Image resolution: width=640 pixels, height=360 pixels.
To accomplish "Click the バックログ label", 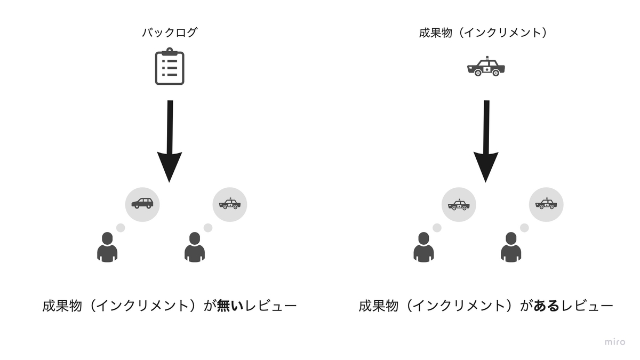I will tap(169, 33).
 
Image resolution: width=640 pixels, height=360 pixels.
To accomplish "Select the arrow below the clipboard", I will tap(170, 141).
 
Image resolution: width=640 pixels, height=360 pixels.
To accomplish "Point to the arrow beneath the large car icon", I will tap(486, 141).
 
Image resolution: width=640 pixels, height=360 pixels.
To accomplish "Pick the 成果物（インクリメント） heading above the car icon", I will tap(483, 33).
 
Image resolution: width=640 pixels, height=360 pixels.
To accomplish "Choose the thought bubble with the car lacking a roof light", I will tap(142, 203).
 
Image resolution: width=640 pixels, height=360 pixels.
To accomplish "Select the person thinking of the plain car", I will tap(107, 247).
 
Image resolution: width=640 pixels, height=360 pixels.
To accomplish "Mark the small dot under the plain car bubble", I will tap(121, 228).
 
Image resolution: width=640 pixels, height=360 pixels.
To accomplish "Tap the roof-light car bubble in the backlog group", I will tap(230, 203).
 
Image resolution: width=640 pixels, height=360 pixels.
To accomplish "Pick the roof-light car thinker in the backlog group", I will tap(195, 247).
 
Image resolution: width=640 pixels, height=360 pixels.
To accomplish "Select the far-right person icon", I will tap(511, 247).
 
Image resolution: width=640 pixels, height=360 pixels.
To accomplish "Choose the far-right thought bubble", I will tap(546, 203).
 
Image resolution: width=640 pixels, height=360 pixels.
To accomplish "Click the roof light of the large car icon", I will tap(485, 57).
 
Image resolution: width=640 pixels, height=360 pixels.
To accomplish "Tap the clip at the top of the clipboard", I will tap(169, 51).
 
